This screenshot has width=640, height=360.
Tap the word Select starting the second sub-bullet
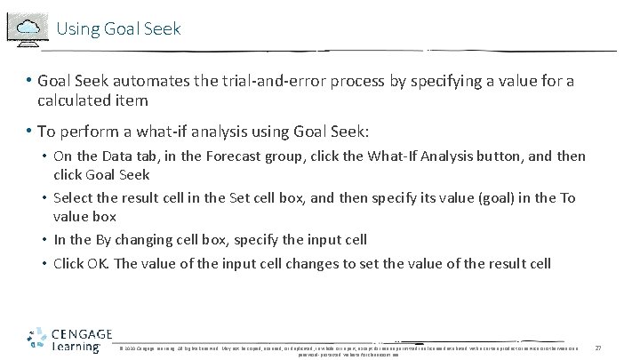(x=75, y=197)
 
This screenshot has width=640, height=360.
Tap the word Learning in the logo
(x=76, y=348)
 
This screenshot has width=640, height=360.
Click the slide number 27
(x=598, y=348)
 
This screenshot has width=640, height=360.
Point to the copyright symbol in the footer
(x=121, y=348)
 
